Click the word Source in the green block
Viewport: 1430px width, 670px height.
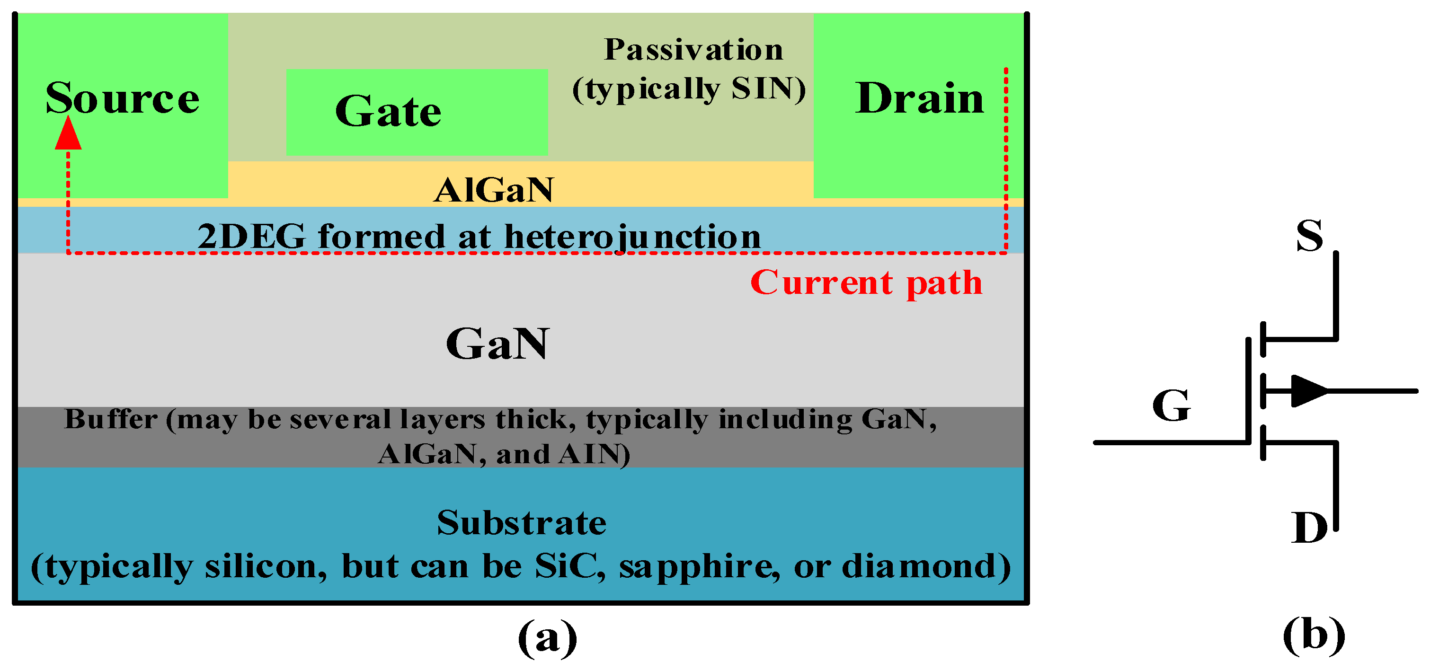[122, 98]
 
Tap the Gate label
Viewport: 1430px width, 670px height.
[388, 111]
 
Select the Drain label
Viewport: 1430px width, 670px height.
[919, 98]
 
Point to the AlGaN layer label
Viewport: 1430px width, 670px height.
[494, 190]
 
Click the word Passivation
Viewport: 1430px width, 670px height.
[693, 50]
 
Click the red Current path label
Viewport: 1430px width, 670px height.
[866, 283]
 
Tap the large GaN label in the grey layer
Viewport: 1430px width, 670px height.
[497, 344]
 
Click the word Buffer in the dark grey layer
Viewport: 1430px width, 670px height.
[111, 419]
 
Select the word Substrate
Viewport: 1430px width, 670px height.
[521, 523]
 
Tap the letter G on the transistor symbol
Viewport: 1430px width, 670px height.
[1171, 406]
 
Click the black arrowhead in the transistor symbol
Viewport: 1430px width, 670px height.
[1309, 391]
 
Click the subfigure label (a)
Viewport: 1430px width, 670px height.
[547, 638]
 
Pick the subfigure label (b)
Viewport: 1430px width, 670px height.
[1314, 635]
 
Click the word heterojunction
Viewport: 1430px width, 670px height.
[632, 237]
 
